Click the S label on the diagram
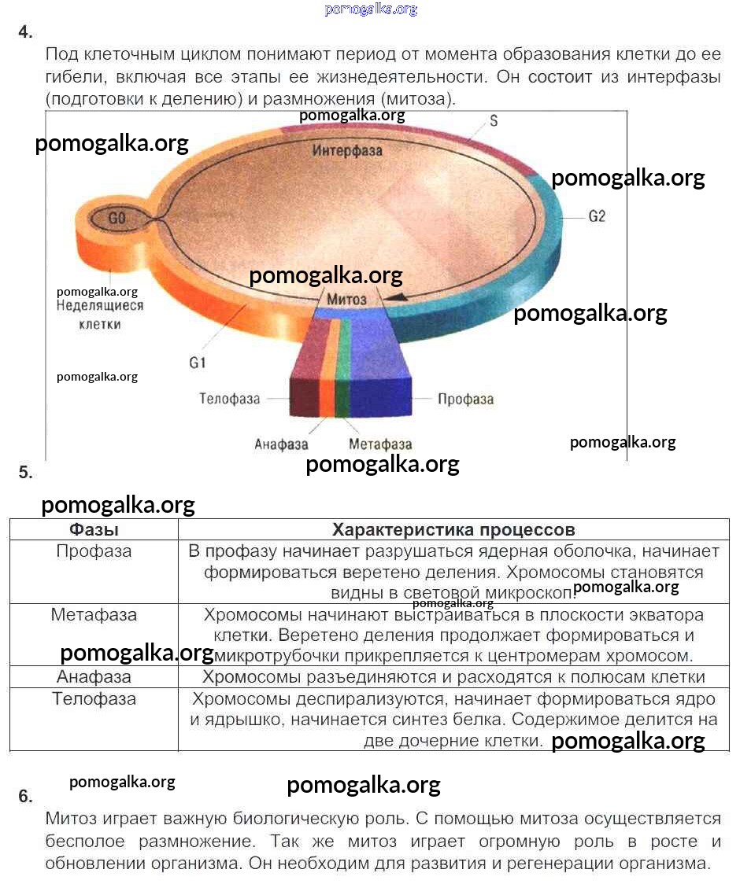click(494, 121)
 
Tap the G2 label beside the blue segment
click(598, 216)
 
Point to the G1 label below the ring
click(197, 363)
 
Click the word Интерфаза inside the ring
click(347, 149)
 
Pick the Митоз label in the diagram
click(346, 300)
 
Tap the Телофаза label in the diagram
click(229, 399)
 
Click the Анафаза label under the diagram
click(281, 444)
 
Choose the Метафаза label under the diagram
click(380, 444)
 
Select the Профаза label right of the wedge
click(465, 399)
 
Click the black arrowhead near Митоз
click(399, 297)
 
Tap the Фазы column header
click(94, 529)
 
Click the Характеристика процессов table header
click(453, 529)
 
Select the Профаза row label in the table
click(94, 551)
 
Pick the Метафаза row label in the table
click(94, 614)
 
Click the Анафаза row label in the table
click(94, 677)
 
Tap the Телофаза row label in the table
click(94, 699)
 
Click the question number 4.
click(25, 32)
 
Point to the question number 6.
click(25, 796)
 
